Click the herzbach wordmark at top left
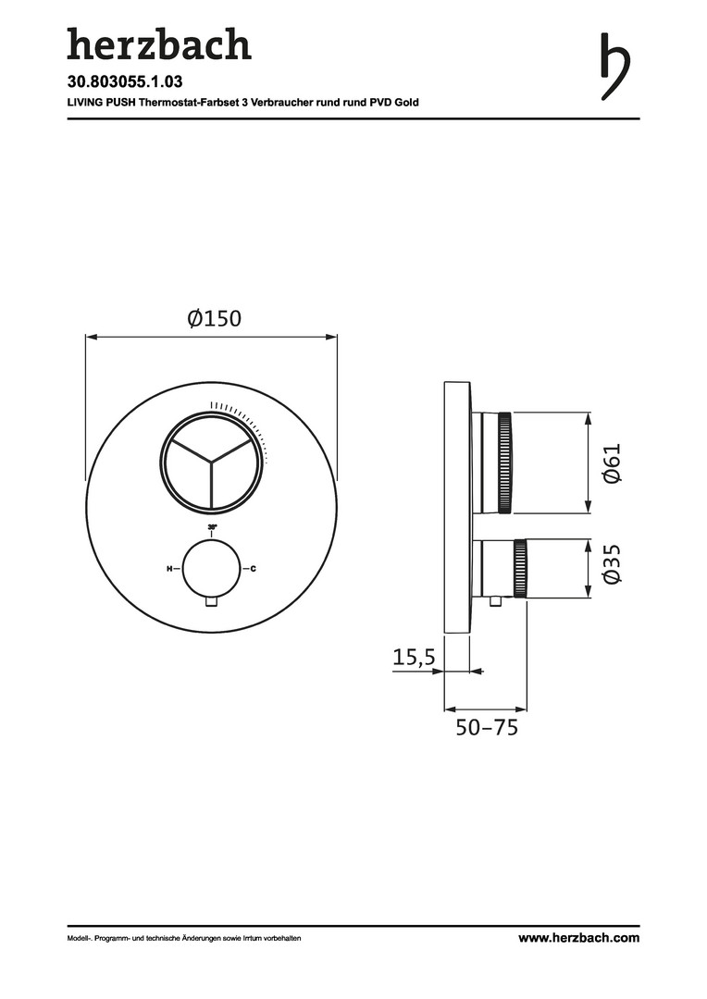point(159,44)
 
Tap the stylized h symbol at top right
point(615,67)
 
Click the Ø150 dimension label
point(215,318)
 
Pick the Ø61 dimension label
point(611,463)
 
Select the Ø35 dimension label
point(611,563)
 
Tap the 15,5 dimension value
point(414,656)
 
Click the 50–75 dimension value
point(487,727)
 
